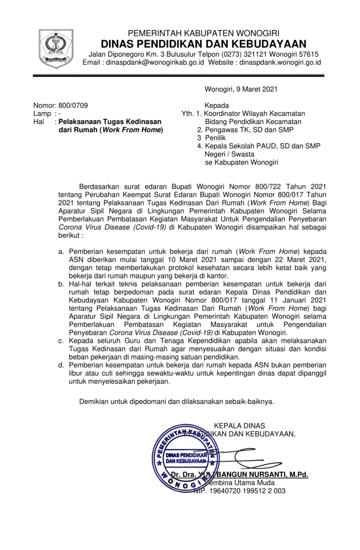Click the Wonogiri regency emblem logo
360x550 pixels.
56,49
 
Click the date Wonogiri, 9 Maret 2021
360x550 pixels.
241,89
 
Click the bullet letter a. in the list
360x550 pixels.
61,251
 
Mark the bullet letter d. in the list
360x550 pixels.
61,365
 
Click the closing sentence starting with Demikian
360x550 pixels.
177,401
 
